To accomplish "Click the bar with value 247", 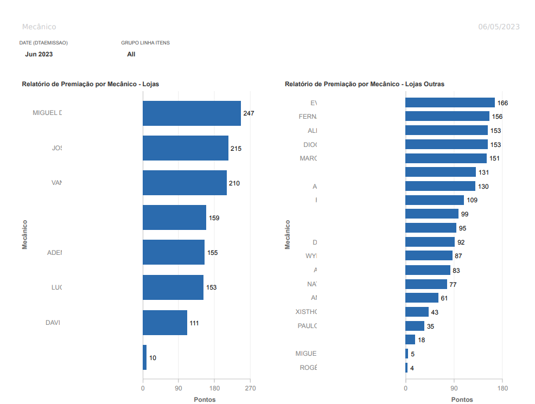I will click(192, 113).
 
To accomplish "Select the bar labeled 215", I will click(185, 148).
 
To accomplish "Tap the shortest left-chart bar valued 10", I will click(145, 357).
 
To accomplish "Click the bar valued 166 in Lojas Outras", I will click(450, 102).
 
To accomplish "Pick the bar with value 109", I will click(434, 200).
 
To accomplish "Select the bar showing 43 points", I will click(417, 312).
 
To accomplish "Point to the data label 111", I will click(194, 323).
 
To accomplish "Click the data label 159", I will click(214, 218).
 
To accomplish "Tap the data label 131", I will click(484, 172).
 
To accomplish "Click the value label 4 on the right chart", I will click(412, 368).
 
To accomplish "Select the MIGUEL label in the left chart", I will click(47, 113).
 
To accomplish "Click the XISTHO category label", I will click(306, 312).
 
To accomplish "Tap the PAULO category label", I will click(307, 326).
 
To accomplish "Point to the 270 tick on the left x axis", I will click(250, 388).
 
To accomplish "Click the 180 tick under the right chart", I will click(502, 388).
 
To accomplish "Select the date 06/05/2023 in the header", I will click(499, 27).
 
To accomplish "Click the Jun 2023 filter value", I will click(39, 54).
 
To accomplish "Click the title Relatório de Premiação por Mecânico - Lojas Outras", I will click(365, 84).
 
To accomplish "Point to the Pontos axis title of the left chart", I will click(205, 400).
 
